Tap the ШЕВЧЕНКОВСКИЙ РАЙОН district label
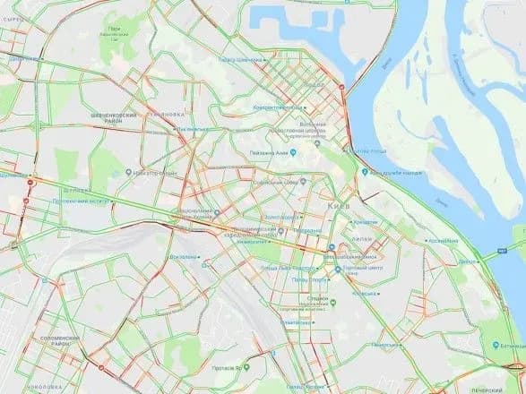click(x=119, y=120)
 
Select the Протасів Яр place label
click(x=235, y=369)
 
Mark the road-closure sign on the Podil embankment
click(x=342, y=86)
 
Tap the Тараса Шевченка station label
click(x=240, y=60)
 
